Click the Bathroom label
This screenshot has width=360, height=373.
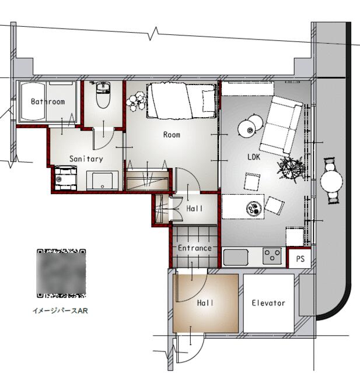tap(48, 101)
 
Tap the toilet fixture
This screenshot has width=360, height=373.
tap(103, 95)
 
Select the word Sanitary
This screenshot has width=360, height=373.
tap(86, 159)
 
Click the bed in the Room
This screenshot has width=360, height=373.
tap(181, 100)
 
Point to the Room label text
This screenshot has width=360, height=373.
tap(172, 135)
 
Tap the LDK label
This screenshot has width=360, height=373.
tap(254, 157)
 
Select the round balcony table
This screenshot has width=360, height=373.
tap(331, 181)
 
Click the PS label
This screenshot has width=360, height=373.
tap(300, 259)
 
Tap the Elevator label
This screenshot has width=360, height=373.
tap(268, 303)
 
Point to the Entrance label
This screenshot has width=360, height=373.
tap(195, 248)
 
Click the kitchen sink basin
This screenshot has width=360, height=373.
tap(236, 257)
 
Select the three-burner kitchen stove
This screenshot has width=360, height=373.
tap(272, 256)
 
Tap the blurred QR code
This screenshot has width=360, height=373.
tap(61, 273)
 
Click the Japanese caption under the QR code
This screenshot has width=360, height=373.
tap(60, 311)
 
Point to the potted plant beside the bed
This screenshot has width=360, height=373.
tap(136, 101)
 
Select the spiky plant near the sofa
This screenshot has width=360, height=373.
tap(291, 168)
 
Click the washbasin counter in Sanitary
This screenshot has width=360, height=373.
tap(102, 180)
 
